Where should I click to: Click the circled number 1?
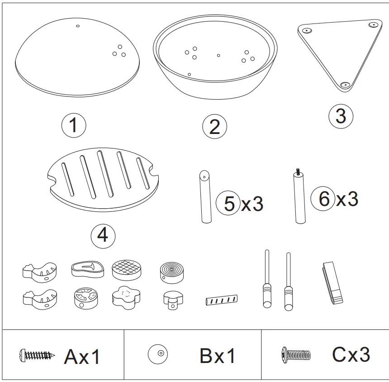[73, 125]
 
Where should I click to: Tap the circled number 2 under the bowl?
[214, 126]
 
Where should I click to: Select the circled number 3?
[340, 116]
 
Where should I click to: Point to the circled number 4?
[103, 235]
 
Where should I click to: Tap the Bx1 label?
[218, 356]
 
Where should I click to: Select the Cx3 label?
[351, 355]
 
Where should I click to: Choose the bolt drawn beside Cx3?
[296, 353]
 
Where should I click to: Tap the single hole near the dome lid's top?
[77, 26]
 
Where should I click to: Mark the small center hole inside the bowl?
[218, 55]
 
